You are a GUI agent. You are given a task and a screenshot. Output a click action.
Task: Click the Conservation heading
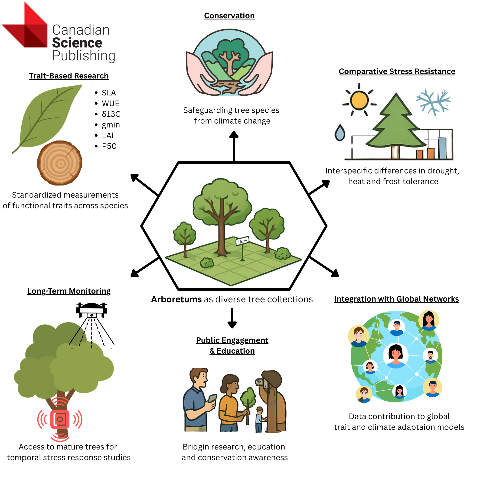(x=229, y=16)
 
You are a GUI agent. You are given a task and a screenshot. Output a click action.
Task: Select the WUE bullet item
(x=110, y=104)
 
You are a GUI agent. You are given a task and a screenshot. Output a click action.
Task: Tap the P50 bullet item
(x=109, y=146)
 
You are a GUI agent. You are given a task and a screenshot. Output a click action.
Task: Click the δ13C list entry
(x=111, y=114)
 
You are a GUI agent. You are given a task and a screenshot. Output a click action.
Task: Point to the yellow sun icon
(x=359, y=100)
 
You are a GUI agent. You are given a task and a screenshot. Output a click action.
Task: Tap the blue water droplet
(x=340, y=132)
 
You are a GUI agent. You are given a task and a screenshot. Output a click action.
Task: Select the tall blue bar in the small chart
(x=442, y=148)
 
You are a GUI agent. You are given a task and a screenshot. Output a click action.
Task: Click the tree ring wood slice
(x=60, y=163)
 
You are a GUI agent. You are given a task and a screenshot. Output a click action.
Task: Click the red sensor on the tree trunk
(x=60, y=420)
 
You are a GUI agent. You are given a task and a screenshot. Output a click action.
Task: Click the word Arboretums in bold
(x=176, y=299)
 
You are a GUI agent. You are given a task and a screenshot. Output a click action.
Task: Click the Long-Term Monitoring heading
(x=69, y=291)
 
